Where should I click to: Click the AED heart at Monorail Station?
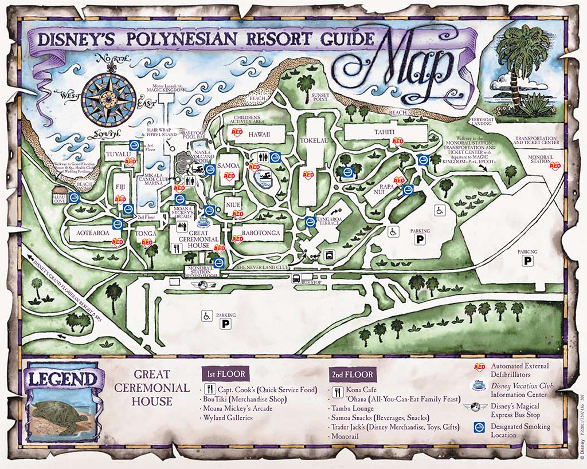pos(555,165)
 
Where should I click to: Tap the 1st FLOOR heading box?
pos(226,375)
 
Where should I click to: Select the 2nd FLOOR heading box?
pos(352,375)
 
